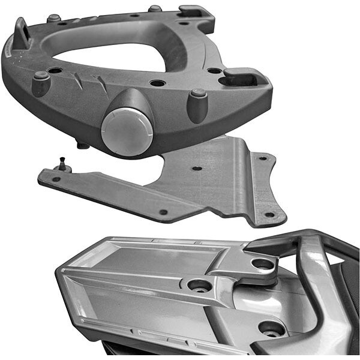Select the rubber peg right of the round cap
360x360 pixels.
point(197,105)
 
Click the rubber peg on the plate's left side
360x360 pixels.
point(41,83)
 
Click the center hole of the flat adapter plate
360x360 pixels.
point(196,169)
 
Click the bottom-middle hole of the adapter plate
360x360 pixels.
point(163,212)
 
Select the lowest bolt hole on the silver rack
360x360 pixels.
point(271,328)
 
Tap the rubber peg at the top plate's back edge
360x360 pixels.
point(155,9)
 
